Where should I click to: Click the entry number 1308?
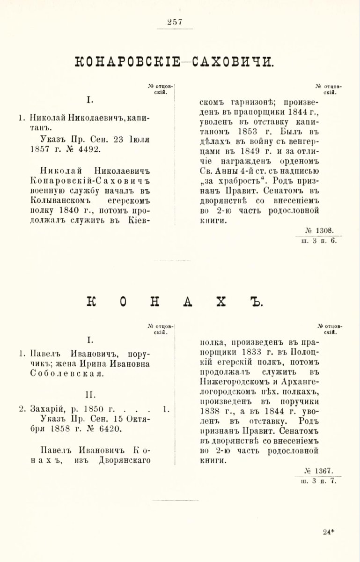point(323,230)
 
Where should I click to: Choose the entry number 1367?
point(323,470)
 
